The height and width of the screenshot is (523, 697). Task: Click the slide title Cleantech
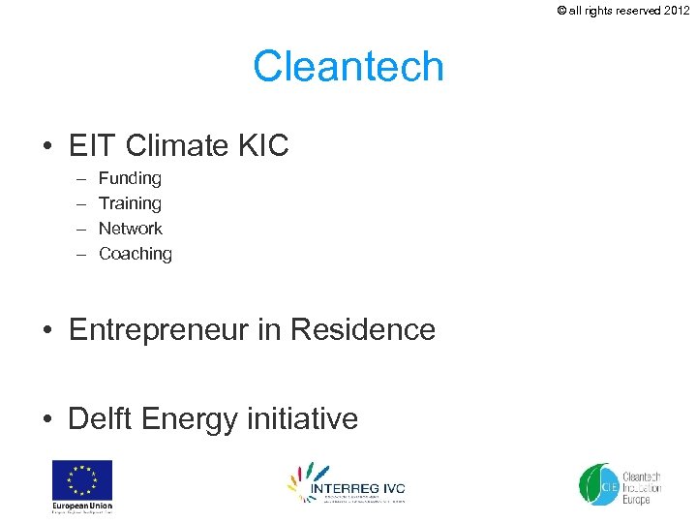coord(348,67)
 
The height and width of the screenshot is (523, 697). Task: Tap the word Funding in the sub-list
coord(130,178)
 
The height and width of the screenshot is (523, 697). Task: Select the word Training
coord(130,203)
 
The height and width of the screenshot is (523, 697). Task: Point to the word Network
coord(131,229)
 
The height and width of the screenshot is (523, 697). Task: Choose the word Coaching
coord(136,254)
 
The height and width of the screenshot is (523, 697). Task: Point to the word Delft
coord(100,418)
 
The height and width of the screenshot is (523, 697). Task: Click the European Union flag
coord(82,479)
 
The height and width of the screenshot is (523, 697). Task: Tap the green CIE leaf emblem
coord(597,484)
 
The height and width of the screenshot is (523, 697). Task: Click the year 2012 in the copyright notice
coord(676,11)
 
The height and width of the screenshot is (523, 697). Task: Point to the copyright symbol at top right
coord(562,11)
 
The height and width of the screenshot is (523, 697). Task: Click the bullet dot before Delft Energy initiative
coord(47,419)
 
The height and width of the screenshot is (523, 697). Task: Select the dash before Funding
coord(77,178)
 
